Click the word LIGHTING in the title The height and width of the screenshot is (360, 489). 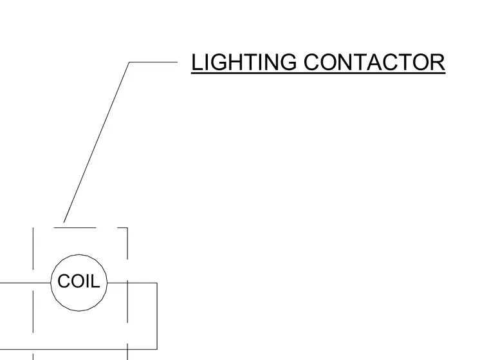tap(244, 62)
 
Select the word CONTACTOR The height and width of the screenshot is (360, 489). tap(374, 62)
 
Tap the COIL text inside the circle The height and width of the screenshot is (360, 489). tap(78, 281)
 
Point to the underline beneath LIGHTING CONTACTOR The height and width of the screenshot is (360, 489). tap(318, 73)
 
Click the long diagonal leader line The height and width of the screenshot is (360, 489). tap(97, 142)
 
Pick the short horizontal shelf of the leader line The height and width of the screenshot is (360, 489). tap(153, 62)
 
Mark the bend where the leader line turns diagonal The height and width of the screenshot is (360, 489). tap(129, 62)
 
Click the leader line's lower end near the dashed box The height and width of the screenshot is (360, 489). tap(64, 222)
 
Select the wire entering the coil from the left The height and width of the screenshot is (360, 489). tap(25, 283)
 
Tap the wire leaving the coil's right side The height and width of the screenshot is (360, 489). tap(132, 283)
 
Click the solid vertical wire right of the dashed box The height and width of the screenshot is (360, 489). tap(157, 316)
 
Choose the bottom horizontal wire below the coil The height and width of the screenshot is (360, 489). tap(78, 349)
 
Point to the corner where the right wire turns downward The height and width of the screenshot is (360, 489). tap(157, 283)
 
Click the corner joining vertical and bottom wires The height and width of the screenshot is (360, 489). tap(157, 349)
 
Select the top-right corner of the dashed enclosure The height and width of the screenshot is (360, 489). tap(127, 227)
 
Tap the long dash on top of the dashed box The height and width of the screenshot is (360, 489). tap(75, 227)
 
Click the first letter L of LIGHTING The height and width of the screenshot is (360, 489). tap(196, 62)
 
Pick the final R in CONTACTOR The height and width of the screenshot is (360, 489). tap(438, 62)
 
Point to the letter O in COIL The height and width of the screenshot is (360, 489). tap(78, 281)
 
